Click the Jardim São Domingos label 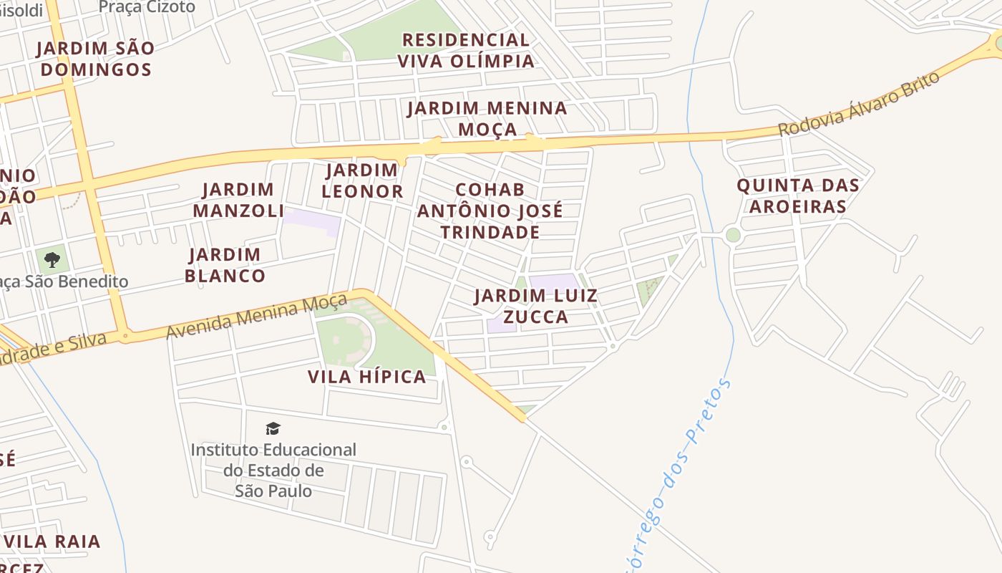95,59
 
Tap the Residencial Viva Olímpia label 466,50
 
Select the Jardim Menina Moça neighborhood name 487,118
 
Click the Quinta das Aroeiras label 798,196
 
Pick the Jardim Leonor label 362,180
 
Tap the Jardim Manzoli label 238,200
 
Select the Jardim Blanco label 225,265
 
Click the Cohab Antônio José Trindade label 490,211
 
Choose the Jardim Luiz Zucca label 535,306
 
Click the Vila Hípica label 367,377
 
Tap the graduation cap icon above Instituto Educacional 273,428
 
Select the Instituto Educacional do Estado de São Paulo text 273,470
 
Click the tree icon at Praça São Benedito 52,259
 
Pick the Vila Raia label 57,541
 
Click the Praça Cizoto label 147,7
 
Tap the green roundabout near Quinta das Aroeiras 732,235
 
